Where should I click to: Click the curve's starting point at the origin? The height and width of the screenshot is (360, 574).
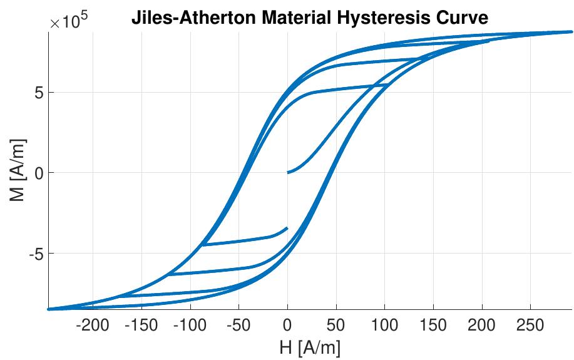[288, 172]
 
